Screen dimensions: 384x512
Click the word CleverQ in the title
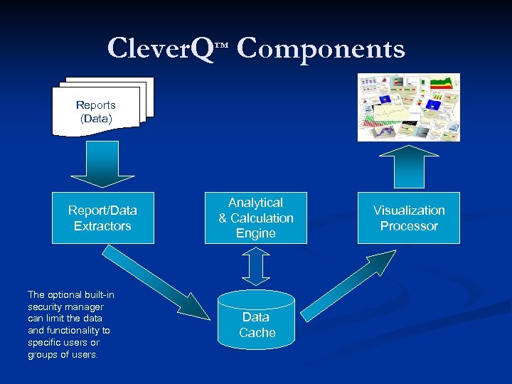click(x=160, y=48)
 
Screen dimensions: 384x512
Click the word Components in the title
click(x=320, y=48)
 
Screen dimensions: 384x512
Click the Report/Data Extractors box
click(x=102, y=218)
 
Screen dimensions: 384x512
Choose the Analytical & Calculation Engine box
click(x=256, y=218)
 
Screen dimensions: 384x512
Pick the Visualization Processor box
click(x=409, y=218)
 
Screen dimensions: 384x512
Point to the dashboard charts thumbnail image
click(x=409, y=107)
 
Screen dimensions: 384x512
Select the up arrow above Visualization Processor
click(x=409, y=167)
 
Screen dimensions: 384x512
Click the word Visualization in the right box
click(x=409, y=210)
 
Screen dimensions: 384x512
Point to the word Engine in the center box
click(x=256, y=233)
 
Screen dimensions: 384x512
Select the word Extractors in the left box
click(x=102, y=226)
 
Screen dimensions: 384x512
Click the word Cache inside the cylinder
click(x=257, y=333)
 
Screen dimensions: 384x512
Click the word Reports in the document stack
click(x=95, y=105)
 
